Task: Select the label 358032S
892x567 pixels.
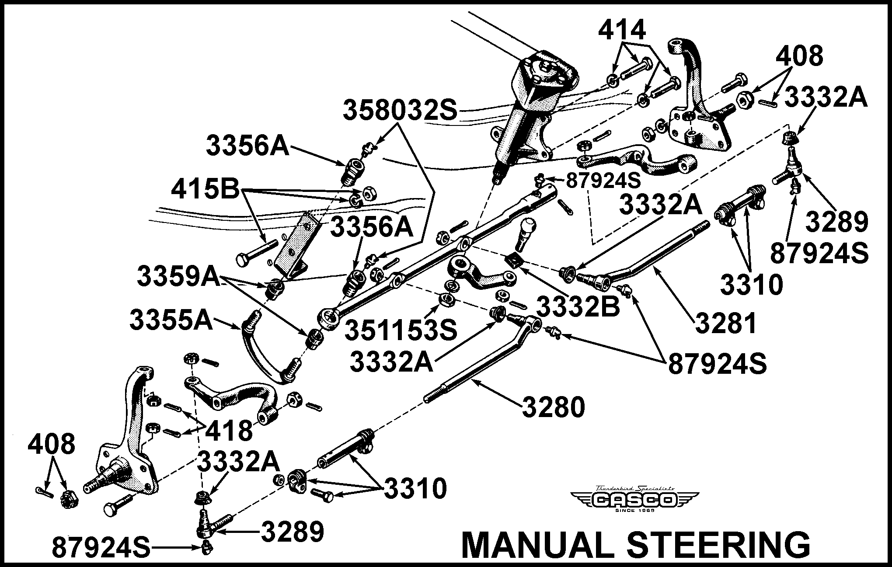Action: click(400, 110)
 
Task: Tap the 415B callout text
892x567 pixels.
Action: click(206, 191)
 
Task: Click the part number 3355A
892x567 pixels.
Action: click(171, 321)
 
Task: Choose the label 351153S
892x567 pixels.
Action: click(401, 330)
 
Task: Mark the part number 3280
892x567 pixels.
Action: click(553, 407)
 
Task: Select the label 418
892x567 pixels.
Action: click(229, 430)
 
